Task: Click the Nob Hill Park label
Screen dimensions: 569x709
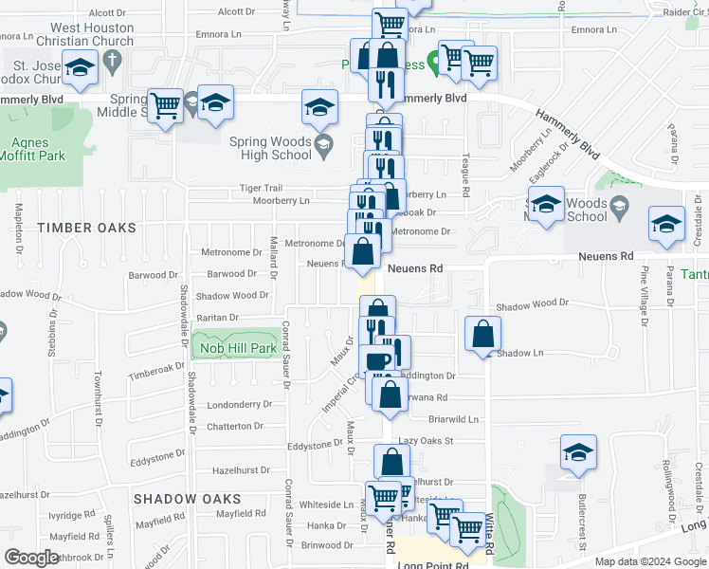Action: [238, 349]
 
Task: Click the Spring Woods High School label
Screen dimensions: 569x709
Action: [270, 149]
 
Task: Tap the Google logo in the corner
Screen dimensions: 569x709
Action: [31, 558]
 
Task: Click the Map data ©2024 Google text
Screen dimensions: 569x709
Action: [650, 561]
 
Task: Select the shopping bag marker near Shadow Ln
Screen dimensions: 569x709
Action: [483, 335]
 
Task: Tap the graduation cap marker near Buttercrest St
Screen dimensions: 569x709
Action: [578, 453]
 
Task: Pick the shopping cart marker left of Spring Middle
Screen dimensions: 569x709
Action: [166, 104]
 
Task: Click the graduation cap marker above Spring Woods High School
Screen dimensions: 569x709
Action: [320, 107]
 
